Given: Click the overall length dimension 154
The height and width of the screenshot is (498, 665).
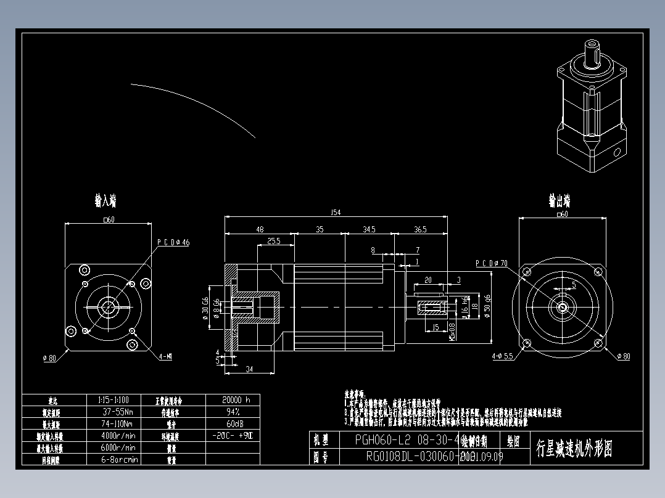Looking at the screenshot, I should pyautogui.click(x=336, y=213).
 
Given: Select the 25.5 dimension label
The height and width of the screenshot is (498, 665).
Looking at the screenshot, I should pyautogui.click(x=274, y=242).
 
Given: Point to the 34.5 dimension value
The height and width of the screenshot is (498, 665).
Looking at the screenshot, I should pyautogui.click(x=369, y=229).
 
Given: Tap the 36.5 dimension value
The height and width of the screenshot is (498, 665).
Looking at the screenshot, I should pyautogui.click(x=420, y=229).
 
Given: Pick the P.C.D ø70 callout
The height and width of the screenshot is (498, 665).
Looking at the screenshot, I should pyautogui.click(x=491, y=263).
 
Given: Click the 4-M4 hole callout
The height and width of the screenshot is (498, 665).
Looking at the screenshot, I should pyautogui.click(x=165, y=356).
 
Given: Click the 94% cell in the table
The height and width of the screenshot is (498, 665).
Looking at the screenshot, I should pyautogui.click(x=233, y=411).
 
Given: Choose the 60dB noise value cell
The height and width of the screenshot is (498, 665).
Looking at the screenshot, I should pyautogui.click(x=233, y=423).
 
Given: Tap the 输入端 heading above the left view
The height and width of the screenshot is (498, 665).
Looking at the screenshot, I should pyautogui.click(x=105, y=201).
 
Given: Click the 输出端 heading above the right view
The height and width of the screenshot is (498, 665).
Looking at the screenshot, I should pyautogui.click(x=560, y=201).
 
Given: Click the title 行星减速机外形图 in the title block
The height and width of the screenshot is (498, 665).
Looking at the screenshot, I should pyautogui.click(x=574, y=448).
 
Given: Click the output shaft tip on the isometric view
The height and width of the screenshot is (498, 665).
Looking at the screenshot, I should pyautogui.click(x=592, y=44).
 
